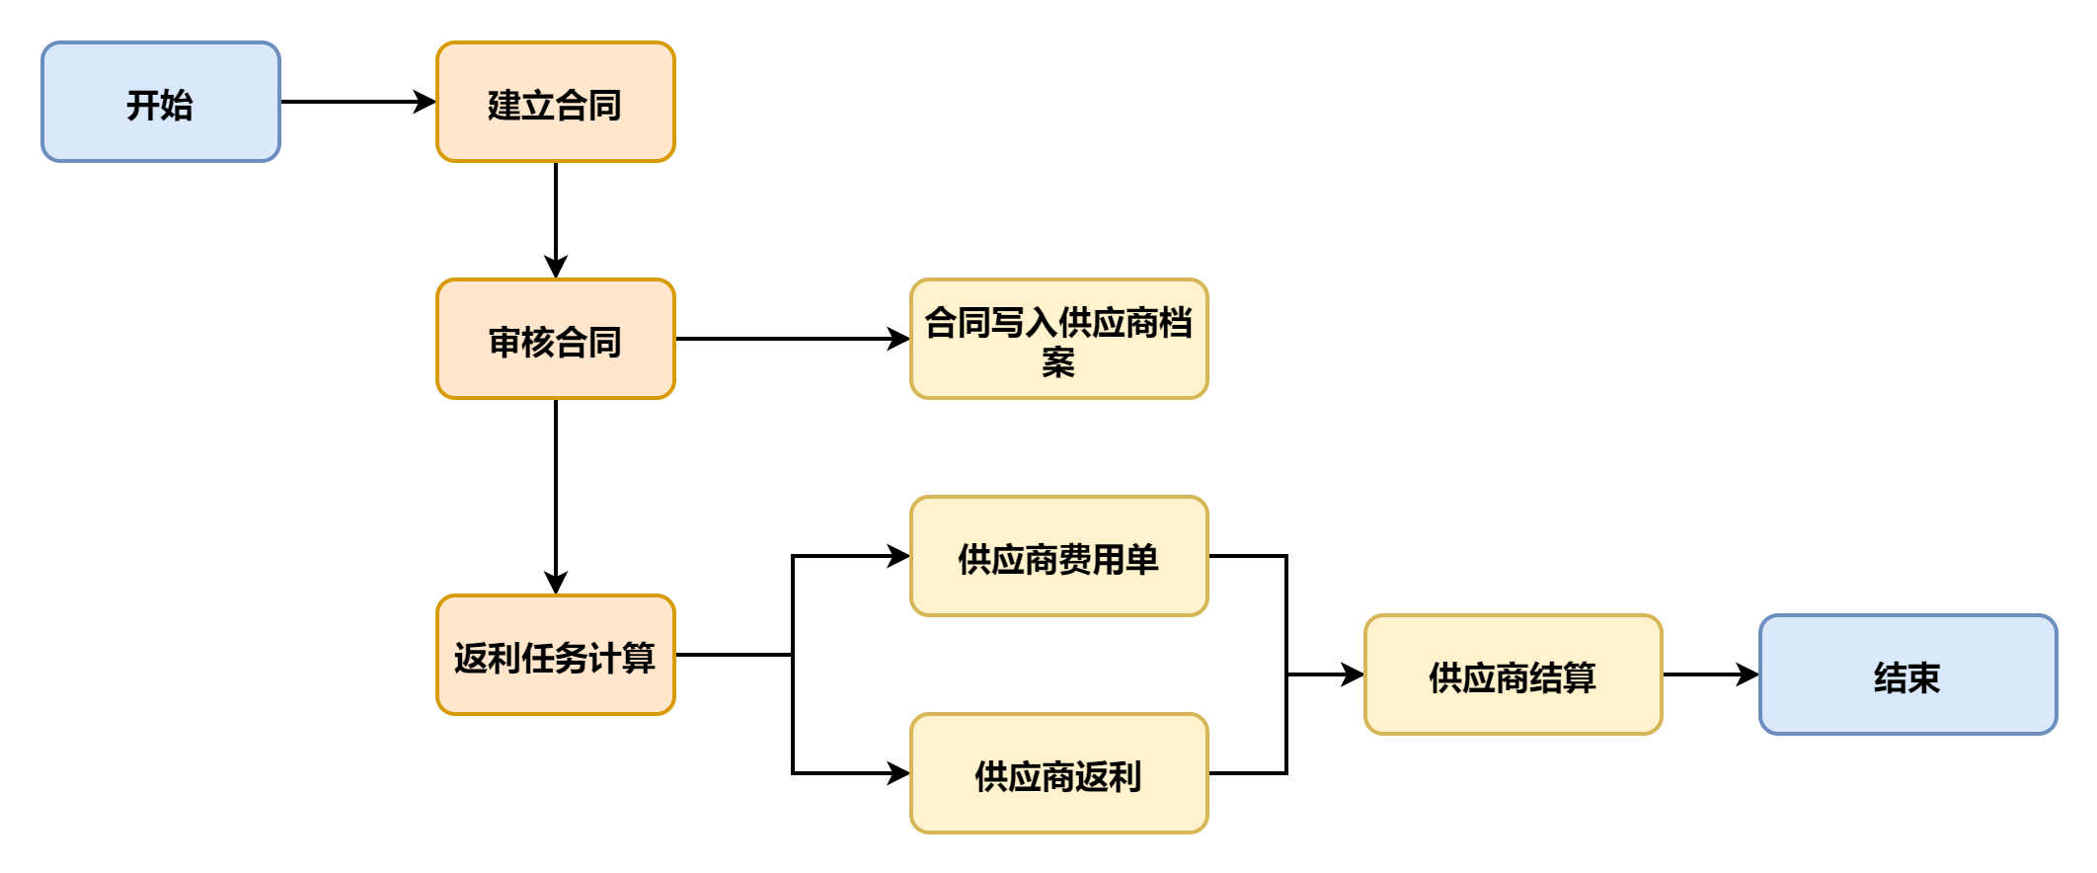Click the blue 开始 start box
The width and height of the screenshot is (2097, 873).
(161, 102)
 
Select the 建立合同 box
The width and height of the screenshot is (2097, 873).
(556, 102)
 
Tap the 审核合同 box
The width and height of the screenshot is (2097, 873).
(556, 339)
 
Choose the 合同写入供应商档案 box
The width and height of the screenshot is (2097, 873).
(1058, 339)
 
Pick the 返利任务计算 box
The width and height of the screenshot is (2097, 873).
(556, 655)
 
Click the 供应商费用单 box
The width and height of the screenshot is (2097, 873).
(1058, 556)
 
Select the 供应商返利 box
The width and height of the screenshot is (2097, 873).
(1058, 773)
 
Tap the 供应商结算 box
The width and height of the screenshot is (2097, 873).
(1513, 675)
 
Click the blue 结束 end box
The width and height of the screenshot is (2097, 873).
(1907, 675)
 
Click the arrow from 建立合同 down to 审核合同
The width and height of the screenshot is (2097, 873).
(556, 219)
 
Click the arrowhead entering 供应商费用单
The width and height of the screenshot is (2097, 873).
(898, 556)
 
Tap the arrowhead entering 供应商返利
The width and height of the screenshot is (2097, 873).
(898, 773)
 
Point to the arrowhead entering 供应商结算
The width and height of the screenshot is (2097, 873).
(1353, 675)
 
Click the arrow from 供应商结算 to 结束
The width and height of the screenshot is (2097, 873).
(1710, 675)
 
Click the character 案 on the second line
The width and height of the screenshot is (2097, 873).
(1058, 362)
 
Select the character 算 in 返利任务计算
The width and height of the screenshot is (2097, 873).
(639, 658)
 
